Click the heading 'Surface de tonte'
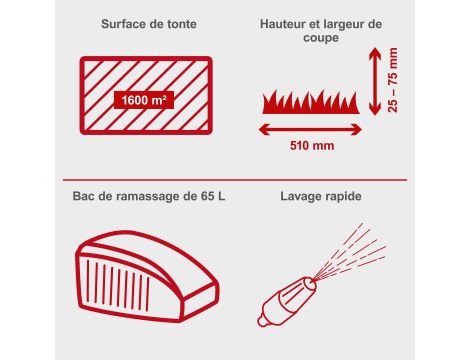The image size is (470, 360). (x=149, y=24)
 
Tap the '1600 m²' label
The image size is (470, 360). (x=144, y=100)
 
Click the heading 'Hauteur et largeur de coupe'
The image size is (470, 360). (x=321, y=30)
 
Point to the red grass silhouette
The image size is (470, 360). (x=311, y=102)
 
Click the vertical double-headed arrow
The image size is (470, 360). (x=375, y=81)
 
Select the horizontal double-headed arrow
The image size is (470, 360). (x=310, y=130)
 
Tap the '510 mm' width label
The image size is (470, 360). (x=312, y=146)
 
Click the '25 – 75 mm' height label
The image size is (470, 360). (x=393, y=80)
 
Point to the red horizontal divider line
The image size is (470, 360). (x=235, y=180)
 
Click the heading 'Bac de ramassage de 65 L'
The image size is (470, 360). (x=149, y=196)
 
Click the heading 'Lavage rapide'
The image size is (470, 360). (x=321, y=196)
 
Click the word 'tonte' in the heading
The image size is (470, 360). (x=181, y=24)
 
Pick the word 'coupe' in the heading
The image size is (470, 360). (x=321, y=37)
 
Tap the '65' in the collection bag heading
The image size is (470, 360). (x=208, y=196)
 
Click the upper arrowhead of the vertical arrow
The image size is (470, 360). (x=375, y=53)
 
